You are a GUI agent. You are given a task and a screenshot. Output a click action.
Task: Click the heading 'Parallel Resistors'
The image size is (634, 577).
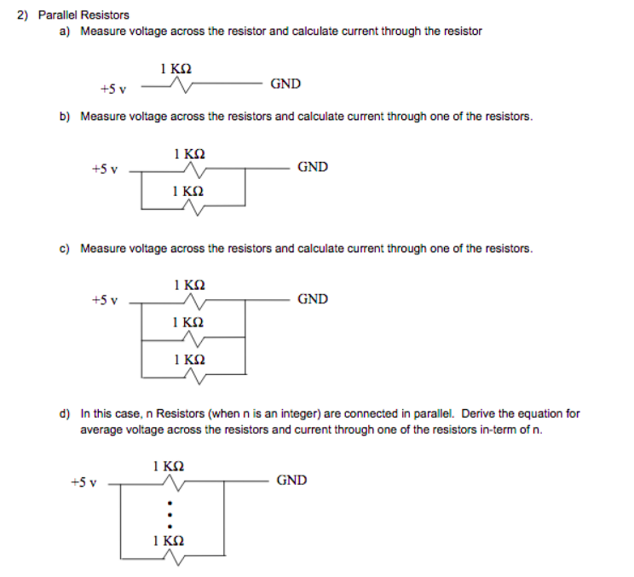pos(84,14)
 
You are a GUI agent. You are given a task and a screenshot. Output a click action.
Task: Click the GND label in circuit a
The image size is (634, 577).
pos(285,84)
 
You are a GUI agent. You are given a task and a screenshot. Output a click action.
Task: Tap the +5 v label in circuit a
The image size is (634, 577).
pos(113,88)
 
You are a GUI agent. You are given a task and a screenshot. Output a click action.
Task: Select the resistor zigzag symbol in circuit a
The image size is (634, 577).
pos(181,84)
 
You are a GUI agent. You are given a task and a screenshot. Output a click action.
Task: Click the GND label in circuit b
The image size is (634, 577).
pos(313,167)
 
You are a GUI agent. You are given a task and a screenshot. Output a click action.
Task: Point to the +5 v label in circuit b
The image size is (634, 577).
pos(104,170)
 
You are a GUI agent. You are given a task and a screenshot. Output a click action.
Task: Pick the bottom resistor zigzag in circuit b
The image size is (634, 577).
pos(195,206)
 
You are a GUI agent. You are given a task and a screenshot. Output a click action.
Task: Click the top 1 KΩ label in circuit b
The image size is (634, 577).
pos(189,154)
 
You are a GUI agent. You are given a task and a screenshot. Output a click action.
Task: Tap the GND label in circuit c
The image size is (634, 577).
pos(313,299)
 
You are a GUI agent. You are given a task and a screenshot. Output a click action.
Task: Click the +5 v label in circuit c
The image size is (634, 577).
pos(104,301)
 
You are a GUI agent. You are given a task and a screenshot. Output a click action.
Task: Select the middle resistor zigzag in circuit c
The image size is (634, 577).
pos(195,338)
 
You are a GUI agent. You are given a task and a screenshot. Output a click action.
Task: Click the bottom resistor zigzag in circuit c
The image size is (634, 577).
pos(195,375)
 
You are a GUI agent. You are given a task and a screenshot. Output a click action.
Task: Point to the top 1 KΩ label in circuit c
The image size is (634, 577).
pos(189,286)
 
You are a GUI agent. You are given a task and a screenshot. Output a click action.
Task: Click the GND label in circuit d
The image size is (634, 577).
pos(291,481)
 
